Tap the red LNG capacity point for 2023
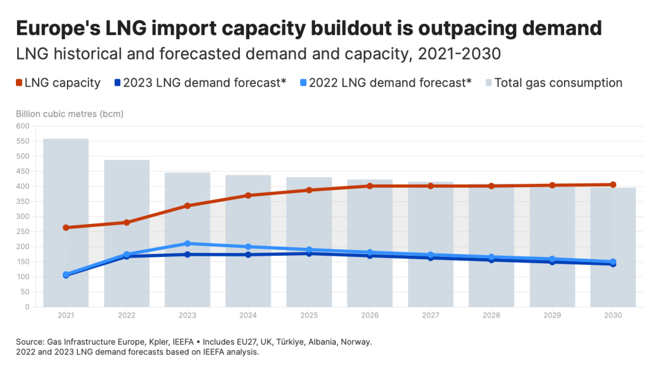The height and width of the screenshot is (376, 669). pos(187,206)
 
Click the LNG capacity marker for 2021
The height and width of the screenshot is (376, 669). pos(66,228)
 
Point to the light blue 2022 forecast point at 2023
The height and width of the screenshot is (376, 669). pos(187,244)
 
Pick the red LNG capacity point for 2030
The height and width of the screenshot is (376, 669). pos(613,185)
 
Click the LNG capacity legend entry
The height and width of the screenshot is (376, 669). pos(58,83)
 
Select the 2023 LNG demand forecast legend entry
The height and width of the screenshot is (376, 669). pos(200,83)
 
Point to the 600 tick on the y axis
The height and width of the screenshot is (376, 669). pos(23,126)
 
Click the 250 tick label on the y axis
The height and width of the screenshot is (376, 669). pos(23,217)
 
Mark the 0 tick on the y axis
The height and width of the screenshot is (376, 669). pos(26,307)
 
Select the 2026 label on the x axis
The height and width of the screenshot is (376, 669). pos(369,315)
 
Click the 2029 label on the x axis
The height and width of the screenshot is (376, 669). pos(552,315)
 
